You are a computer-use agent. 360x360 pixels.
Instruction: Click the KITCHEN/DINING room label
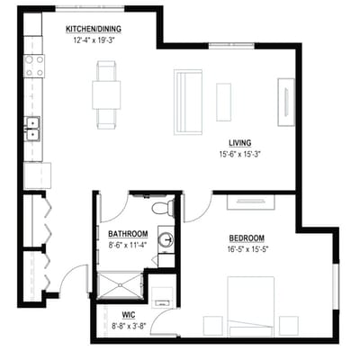[x=94, y=29]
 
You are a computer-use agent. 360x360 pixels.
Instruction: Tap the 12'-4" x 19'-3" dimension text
[x=94, y=39]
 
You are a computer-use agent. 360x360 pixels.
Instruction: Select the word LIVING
[x=239, y=143]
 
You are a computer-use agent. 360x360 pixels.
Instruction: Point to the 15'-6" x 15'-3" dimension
[x=239, y=154]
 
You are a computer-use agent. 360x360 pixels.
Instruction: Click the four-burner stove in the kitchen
[x=34, y=66]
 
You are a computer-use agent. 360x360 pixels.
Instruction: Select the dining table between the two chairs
[x=106, y=94]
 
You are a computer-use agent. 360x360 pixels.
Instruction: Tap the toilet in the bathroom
[x=162, y=208]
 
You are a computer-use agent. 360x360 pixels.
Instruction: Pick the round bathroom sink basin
[x=166, y=239]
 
